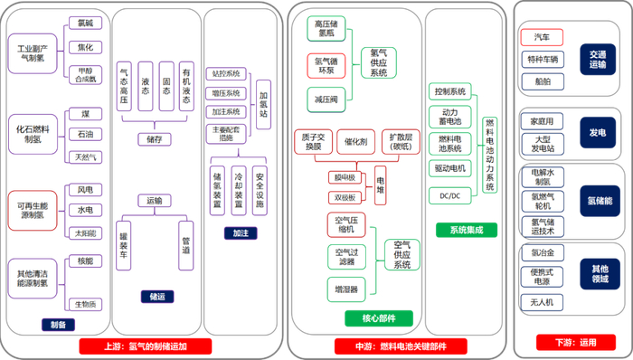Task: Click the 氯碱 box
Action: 84,25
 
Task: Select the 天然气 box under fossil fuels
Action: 84,156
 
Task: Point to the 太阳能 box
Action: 84,233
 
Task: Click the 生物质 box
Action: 84,304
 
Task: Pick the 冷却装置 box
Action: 239,191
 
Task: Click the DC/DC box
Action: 449,194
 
